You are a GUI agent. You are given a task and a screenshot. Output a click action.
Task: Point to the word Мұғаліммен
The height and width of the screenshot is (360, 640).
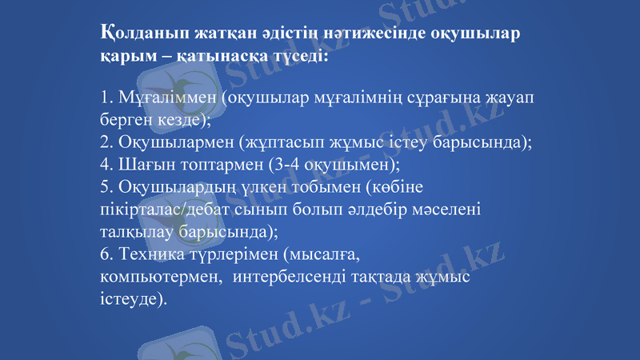pyautogui.click(x=166, y=98)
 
